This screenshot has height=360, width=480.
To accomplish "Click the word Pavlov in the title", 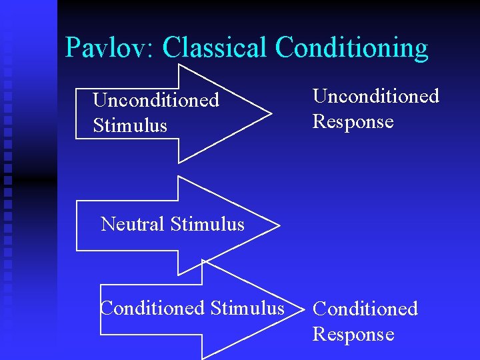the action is point(108,48).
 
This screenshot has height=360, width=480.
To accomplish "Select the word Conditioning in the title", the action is point(351,48).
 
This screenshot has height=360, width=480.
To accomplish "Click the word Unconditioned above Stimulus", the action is point(156,100).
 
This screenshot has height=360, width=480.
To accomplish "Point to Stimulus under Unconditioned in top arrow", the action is point(130,125).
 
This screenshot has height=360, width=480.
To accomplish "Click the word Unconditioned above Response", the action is point(376,96).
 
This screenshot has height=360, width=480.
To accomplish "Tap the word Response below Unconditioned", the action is point(353,122).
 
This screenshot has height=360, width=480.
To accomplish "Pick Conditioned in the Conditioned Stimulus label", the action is point(152,308).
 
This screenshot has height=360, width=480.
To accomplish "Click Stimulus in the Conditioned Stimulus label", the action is point(247,308).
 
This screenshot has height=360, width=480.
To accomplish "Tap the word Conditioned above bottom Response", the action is point(365,309).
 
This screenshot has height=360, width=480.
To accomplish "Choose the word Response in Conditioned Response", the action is point(353,334).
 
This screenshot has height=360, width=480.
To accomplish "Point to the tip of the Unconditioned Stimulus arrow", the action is point(271,113).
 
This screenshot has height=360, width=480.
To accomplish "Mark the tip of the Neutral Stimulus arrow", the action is point(279,225).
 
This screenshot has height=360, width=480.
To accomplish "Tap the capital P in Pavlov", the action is point(73,48).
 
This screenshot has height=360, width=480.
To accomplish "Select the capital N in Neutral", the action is point(107,224).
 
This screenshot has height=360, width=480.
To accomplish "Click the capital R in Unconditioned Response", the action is point(319,122).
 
